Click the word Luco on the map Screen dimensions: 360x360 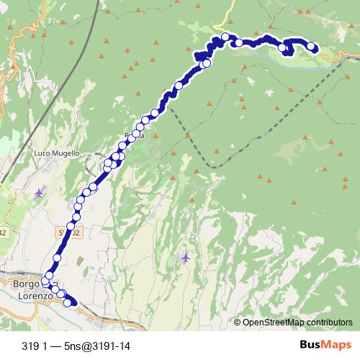[44, 153]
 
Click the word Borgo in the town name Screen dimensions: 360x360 [24, 284]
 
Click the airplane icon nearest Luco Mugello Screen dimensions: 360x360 [39, 192]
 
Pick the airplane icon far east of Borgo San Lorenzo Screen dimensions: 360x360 [186, 256]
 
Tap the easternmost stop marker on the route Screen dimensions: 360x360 [311, 47]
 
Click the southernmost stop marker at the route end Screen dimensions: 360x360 [68, 302]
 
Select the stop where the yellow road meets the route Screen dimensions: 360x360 [225, 37]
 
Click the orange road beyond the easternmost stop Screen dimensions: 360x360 [338, 57]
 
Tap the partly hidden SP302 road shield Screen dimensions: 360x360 [66, 232]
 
